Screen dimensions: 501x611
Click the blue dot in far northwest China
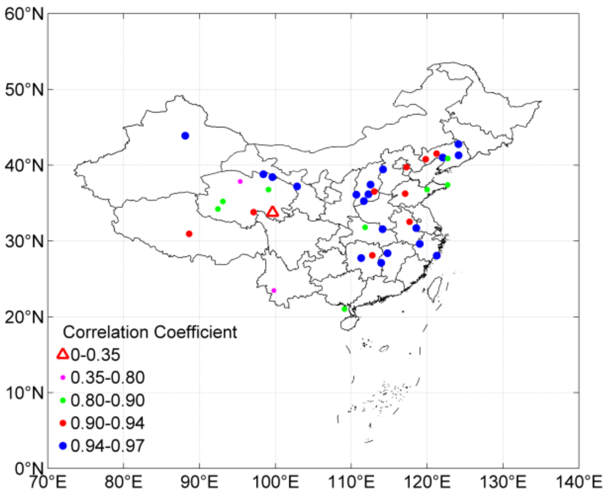coord(185,136)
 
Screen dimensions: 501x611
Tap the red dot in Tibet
coord(189,234)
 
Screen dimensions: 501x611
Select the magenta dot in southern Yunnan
coord(274,290)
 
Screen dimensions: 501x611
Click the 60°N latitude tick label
coord(24,14)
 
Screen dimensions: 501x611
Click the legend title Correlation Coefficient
coord(150,332)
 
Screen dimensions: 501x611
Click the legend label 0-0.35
coord(95,355)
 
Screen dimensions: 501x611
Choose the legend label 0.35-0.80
coord(107,378)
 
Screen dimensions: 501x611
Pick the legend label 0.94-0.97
coord(107,446)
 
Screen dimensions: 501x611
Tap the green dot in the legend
coord(63,400)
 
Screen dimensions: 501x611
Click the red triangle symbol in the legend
coord(63,354)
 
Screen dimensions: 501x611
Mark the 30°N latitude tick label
coord(24,241)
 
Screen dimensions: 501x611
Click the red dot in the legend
coord(63,423)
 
